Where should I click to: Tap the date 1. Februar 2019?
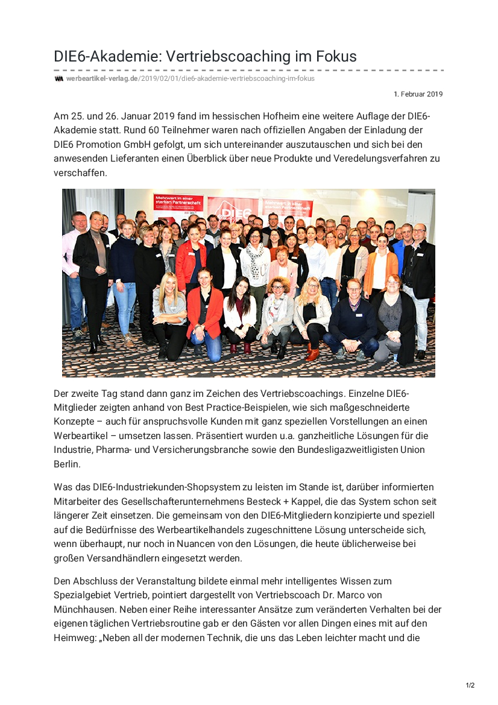click(x=418, y=94)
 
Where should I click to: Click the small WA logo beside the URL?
click(x=59, y=78)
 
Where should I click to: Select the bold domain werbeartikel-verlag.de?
click(x=102, y=78)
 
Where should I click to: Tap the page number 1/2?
click(x=470, y=685)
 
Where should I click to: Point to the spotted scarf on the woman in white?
click(x=255, y=256)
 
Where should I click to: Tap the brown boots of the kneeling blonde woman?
click(x=311, y=352)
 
